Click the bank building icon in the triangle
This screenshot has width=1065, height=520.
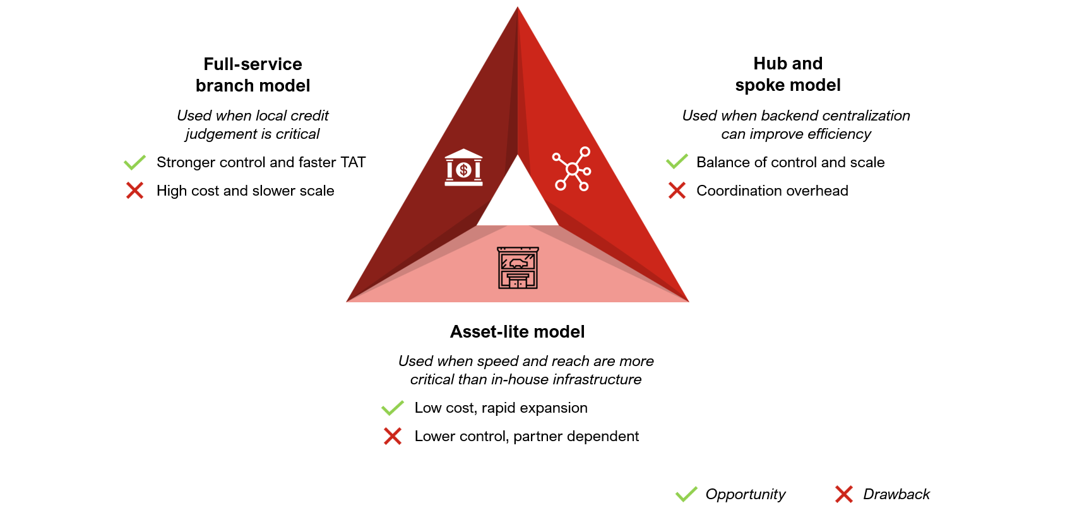pos(463,168)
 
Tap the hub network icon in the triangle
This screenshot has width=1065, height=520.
pos(572,168)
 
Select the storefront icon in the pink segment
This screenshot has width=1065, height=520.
pos(518,268)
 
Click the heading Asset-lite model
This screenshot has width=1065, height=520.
pos(517,332)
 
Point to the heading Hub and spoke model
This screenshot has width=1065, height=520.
pos(788,74)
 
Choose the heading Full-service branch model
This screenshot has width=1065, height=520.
pos(253,75)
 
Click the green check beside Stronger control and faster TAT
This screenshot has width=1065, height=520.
pos(134,163)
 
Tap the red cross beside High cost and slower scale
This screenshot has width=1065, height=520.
pos(134,191)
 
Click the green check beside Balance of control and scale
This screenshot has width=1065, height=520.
pos(677,162)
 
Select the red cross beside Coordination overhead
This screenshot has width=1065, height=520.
pos(677,191)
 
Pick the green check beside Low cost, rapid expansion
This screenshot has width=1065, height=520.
pos(392,408)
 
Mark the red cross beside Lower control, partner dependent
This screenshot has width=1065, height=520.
pos(392,436)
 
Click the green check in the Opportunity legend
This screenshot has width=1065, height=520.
pos(686,494)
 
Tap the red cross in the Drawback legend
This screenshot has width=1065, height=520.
pos(843,494)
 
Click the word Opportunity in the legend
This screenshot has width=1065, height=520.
pos(745,495)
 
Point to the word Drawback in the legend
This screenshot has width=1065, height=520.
pos(896,494)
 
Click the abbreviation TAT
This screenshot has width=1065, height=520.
pos(353,163)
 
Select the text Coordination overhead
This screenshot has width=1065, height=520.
pos(772,191)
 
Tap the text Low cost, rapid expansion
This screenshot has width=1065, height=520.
pos(501,408)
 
